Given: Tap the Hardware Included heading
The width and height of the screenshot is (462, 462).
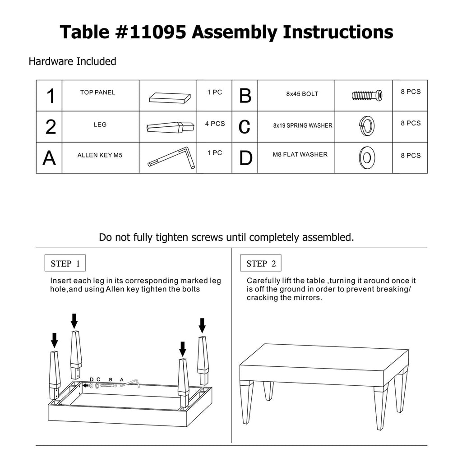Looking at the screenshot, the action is [73, 61].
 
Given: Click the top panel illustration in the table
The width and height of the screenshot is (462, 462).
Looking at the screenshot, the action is [170, 97].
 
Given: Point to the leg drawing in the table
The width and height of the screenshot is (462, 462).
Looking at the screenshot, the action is [170, 127].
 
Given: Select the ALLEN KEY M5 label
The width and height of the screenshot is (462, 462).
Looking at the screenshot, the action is [100, 155].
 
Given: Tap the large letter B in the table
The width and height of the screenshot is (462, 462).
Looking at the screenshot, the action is [245, 96].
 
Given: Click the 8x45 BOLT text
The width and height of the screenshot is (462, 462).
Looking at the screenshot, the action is [302, 94].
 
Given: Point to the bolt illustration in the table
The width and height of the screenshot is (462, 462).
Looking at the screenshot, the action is [367, 96].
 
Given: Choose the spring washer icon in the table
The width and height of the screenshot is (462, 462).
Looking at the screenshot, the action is [366, 126].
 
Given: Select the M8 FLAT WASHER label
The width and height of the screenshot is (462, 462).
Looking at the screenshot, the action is [300, 154].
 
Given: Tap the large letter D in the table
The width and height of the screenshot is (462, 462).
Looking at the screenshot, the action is [245, 158].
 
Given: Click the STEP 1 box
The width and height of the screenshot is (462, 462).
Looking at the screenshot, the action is [65, 263].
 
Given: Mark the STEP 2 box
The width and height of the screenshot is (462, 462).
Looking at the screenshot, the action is [261, 263].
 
